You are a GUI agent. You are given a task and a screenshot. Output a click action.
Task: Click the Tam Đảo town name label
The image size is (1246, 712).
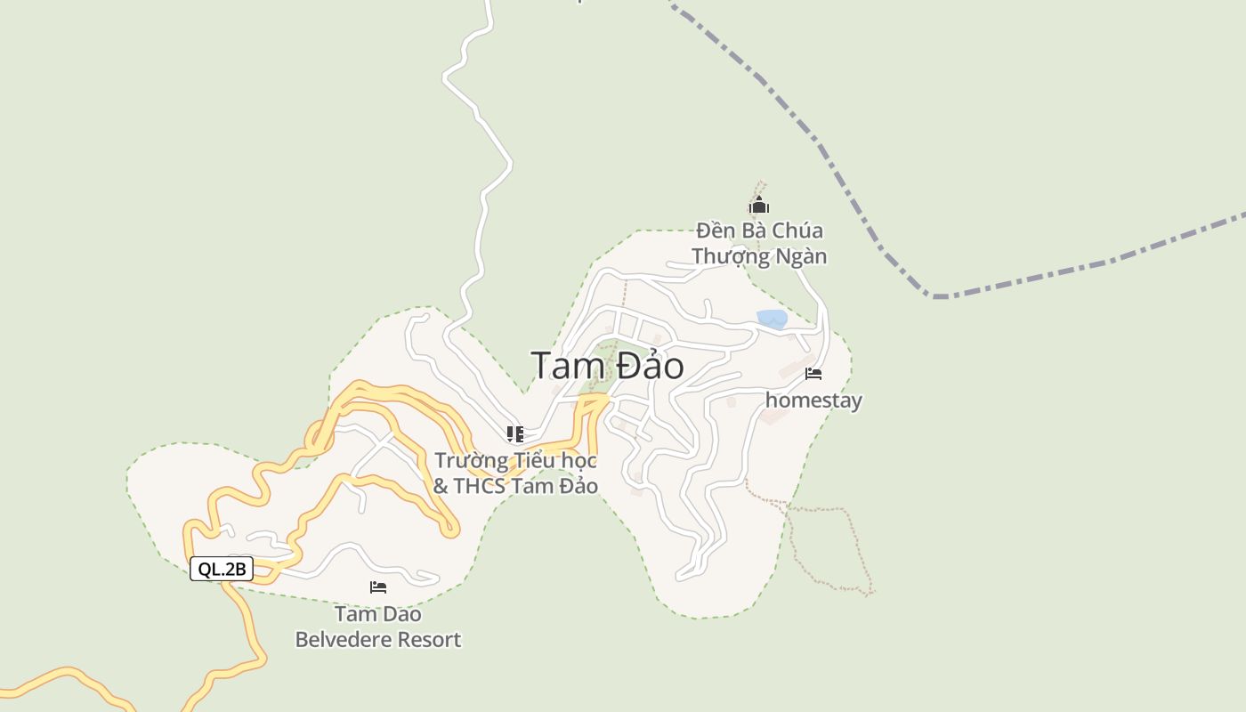[607, 366]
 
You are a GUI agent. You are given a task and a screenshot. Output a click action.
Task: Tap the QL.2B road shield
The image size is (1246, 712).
[222, 570]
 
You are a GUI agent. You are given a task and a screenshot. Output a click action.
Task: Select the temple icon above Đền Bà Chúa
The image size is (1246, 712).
[758, 206]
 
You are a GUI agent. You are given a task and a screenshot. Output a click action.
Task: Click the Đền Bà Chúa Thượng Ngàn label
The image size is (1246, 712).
[759, 244]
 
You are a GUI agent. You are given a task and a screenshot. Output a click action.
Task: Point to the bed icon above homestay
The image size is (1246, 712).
[813, 374]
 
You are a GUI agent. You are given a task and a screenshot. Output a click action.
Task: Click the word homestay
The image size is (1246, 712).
[813, 400]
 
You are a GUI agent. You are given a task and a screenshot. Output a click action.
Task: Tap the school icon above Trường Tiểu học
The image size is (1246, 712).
[514, 434]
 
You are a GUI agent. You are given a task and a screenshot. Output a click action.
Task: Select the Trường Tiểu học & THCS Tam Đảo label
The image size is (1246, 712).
[515, 473]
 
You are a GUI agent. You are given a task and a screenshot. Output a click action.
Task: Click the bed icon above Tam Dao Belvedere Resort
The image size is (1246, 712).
[378, 587]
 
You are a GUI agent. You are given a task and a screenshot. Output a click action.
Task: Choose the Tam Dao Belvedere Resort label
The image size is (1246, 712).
[378, 627]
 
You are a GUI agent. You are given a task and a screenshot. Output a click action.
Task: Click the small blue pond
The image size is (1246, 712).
[772, 319]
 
